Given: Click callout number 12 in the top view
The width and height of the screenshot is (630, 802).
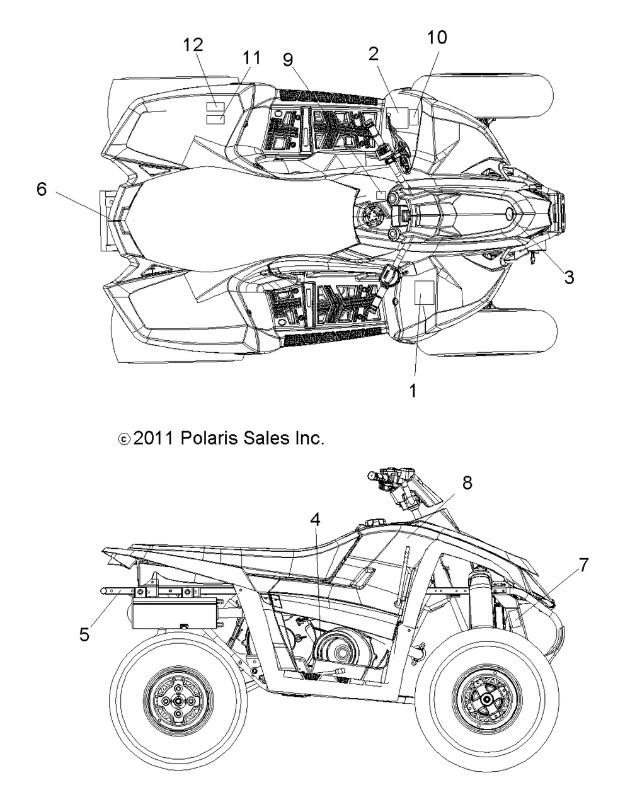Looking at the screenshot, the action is [x=193, y=45].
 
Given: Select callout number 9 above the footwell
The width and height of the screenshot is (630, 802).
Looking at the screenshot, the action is [x=289, y=59].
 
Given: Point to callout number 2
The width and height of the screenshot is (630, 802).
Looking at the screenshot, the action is [x=374, y=54].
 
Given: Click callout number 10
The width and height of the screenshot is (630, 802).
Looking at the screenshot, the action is [x=437, y=37].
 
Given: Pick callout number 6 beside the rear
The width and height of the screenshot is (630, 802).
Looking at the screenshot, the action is [x=42, y=190].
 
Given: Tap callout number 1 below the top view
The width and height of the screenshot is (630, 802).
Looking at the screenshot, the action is [x=413, y=391].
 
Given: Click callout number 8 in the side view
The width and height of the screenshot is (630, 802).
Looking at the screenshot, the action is [x=467, y=483].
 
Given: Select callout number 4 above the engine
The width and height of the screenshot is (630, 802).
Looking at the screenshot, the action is [x=315, y=520].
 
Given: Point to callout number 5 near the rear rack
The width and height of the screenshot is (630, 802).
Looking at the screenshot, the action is [x=84, y=634].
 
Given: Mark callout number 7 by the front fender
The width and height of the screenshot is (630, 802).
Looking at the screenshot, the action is [x=583, y=565].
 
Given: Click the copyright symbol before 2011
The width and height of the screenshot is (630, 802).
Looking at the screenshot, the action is [x=123, y=439].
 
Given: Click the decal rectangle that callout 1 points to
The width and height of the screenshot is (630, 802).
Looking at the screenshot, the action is [x=425, y=292].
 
